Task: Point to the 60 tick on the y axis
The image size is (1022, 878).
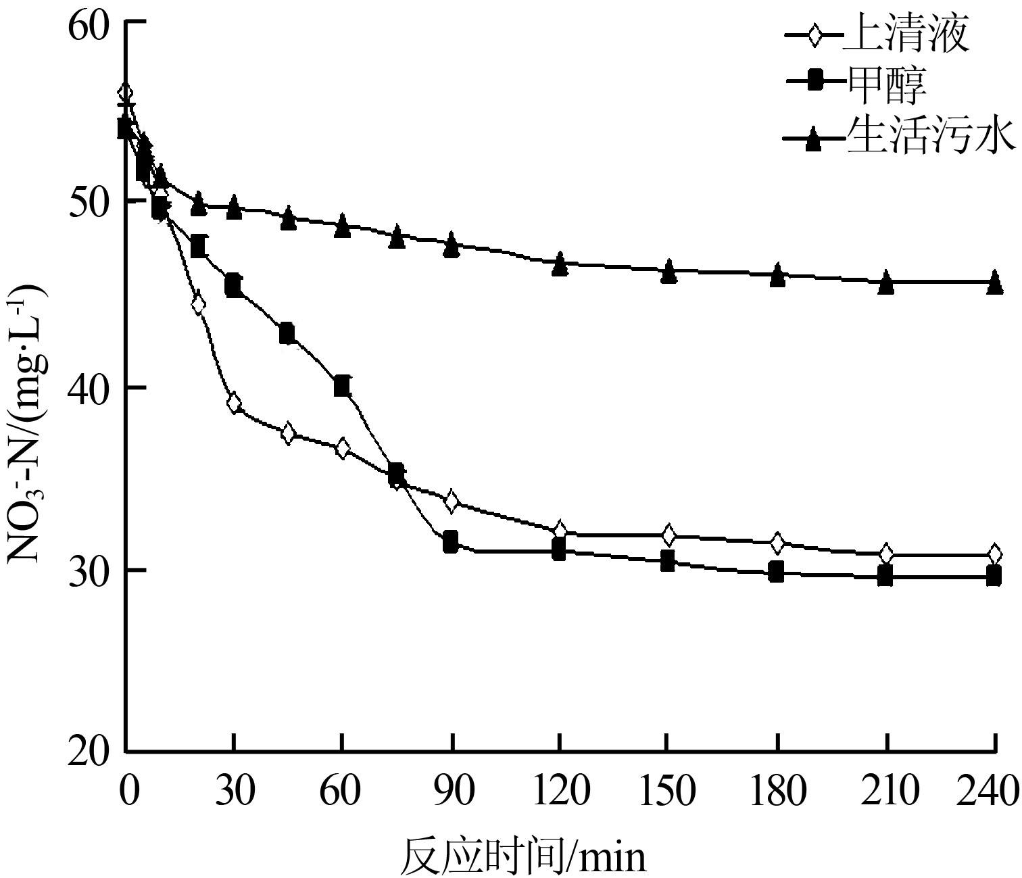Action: (95, 22)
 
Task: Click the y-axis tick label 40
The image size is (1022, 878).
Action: (95, 387)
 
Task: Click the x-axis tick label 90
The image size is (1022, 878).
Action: (451, 789)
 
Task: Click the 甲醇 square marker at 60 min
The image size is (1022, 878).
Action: (342, 386)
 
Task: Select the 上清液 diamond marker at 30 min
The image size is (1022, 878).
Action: (234, 404)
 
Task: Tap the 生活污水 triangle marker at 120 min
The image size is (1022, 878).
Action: (559, 264)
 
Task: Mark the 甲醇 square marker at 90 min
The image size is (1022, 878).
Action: (451, 541)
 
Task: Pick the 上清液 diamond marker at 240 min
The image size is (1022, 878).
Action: (994, 554)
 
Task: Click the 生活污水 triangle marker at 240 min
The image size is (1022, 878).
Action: (994, 281)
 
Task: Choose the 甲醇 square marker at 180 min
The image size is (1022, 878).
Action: (776, 572)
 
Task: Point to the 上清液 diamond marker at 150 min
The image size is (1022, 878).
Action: (668, 535)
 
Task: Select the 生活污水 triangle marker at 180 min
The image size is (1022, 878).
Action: (777, 274)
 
